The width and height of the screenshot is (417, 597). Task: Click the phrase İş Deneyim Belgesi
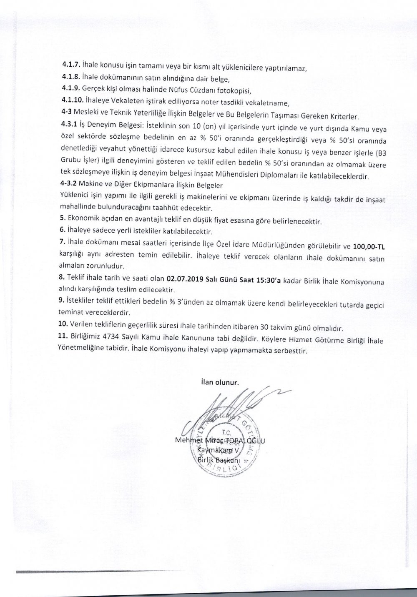105,124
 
